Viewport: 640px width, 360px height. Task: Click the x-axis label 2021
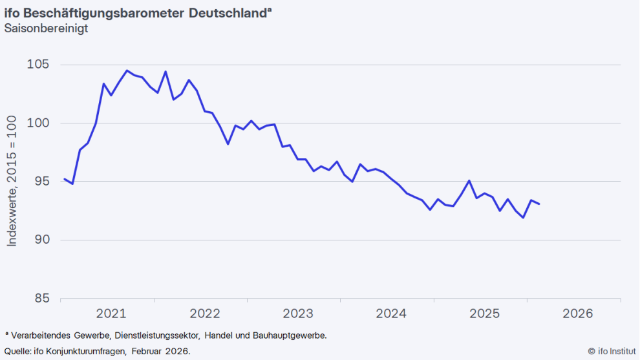pyautogui.click(x=111, y=314)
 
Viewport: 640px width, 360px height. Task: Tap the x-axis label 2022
pyautogui.click(x=205, y=314)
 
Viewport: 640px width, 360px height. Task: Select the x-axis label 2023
pyautogui.click(x=298, y=314)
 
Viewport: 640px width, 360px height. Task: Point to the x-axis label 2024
pyautogui.click(x=391, y=314)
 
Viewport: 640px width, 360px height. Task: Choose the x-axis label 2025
pyautogui.click(x=485, y=314)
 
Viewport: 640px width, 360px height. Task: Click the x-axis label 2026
pyautogui.click(x=578, y=314)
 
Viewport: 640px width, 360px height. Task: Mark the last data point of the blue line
pyautogui.click(x=539, y=204)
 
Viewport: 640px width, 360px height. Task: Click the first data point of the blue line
pyautogui.click(x=64, y=179)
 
